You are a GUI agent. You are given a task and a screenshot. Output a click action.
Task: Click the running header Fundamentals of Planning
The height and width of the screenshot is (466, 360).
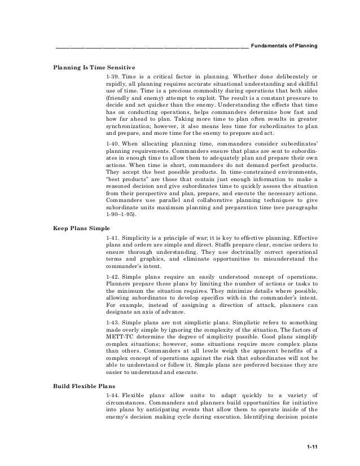pos(284,45)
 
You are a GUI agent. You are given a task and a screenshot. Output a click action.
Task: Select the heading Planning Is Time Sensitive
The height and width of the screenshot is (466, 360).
pos(94,67)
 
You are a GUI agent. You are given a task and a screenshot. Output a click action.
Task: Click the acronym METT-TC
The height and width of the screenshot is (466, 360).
pos(120,336)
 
